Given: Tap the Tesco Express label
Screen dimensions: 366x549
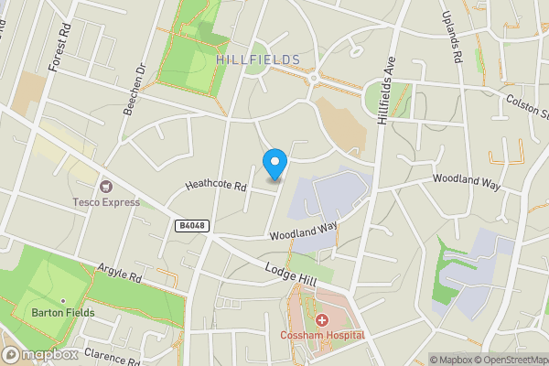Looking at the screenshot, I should [104, 201].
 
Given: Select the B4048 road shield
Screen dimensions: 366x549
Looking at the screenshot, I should [188, 224].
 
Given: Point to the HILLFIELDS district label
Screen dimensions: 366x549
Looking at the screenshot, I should [258, 59].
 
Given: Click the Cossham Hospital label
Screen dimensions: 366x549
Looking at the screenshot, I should [322, 335].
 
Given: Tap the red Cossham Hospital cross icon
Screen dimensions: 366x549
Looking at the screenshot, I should [322, 320].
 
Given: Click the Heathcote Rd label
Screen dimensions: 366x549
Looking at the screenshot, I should [216, 185].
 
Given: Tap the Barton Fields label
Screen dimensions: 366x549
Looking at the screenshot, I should [59, 314].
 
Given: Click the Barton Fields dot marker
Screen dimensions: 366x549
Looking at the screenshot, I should [62, 300].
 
